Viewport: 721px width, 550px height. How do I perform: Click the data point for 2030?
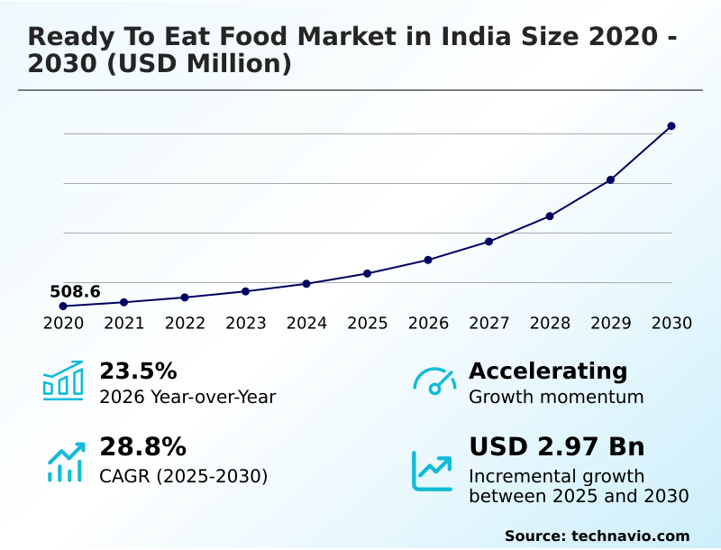tap(671, 126)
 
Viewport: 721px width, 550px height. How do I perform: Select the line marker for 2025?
tap(367, 273)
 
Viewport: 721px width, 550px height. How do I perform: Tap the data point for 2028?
tap(550, 216)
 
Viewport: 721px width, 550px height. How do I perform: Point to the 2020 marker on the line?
tap(63, 307)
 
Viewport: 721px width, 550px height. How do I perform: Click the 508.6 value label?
tap(75, 291)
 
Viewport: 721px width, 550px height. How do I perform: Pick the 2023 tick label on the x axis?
tap(246, 324)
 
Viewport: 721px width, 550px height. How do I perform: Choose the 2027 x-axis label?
tap(489, 324)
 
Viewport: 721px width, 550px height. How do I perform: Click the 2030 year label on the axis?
tap(671, 324)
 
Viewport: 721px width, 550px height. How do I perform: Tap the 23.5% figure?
tap(138, 371)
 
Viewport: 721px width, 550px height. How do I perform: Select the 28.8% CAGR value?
tap(142, 447)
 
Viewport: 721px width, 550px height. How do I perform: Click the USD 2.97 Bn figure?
tap(557, 447)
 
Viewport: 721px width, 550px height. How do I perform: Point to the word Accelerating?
tap(548, 371)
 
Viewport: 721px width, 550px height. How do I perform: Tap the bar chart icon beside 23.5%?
tap(63, 380)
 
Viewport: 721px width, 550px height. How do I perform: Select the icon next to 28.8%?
tap(65, 462)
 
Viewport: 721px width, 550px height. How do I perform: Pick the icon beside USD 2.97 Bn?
tap(433, 471)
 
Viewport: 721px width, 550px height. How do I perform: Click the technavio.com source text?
tap(630, 536)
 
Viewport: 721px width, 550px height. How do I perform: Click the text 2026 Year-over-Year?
tap(187, 397)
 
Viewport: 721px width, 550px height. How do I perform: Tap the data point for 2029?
tap(610, 180)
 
